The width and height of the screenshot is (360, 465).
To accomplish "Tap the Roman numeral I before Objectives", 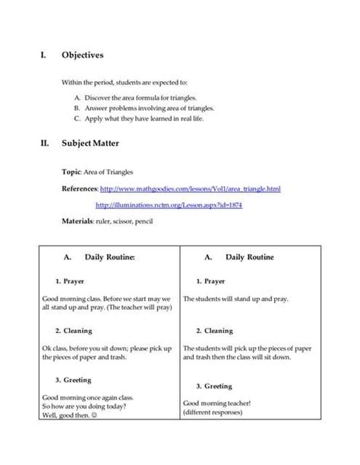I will (43, 55).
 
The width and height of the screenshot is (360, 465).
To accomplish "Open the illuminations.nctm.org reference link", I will (169, 205).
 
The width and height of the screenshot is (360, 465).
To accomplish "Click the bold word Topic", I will (72, 172).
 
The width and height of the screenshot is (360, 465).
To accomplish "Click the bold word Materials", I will (77, 221).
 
